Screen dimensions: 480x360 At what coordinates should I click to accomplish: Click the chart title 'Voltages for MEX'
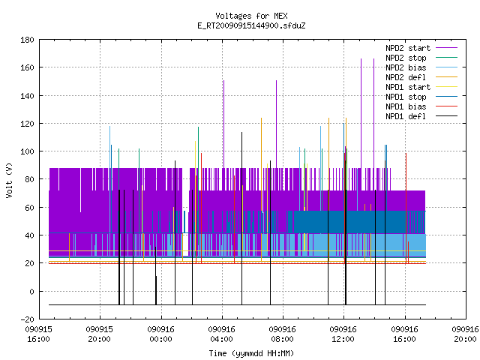251,16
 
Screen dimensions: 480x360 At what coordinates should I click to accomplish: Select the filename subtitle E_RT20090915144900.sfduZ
251,25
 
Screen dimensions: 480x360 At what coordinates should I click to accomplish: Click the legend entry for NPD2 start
408,48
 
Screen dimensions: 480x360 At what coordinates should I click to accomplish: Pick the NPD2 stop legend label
406,58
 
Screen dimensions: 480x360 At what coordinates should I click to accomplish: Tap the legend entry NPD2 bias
406,67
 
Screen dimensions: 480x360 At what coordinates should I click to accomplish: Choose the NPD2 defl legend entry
406,77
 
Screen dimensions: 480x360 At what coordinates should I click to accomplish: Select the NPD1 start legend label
408,87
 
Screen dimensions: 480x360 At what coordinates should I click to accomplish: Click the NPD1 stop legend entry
406,97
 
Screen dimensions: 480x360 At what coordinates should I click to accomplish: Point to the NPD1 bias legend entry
406,106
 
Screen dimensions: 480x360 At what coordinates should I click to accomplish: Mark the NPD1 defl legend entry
406,117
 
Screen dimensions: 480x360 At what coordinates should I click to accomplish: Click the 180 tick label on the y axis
27,40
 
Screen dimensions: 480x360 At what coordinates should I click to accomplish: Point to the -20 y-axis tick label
27,319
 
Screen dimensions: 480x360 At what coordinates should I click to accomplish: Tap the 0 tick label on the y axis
31,292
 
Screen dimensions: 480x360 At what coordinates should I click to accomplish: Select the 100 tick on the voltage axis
27,151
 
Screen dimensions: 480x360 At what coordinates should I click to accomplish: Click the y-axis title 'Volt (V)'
9,180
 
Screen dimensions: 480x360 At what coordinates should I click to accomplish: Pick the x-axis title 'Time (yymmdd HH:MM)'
251,353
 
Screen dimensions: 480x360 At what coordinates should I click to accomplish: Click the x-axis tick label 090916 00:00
160,334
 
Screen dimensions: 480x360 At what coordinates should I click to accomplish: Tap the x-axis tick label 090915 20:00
100,334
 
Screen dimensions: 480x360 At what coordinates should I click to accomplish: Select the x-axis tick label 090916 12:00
343,334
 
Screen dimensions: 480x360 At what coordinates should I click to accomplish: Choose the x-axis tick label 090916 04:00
222,334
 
